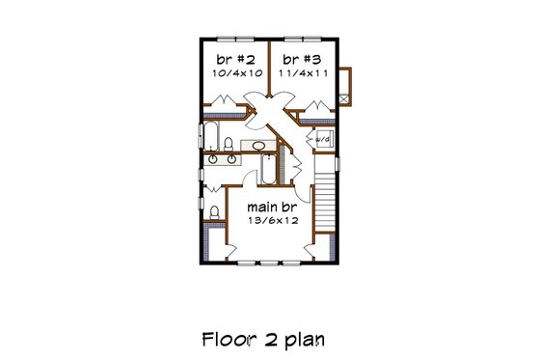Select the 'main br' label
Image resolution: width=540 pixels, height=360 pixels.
coord(271,207)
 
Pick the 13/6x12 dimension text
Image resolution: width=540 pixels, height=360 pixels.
coord(271,221)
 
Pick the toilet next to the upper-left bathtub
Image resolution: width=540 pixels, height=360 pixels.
coord(229,145)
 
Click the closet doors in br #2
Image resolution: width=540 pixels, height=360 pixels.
coord(224,101)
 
